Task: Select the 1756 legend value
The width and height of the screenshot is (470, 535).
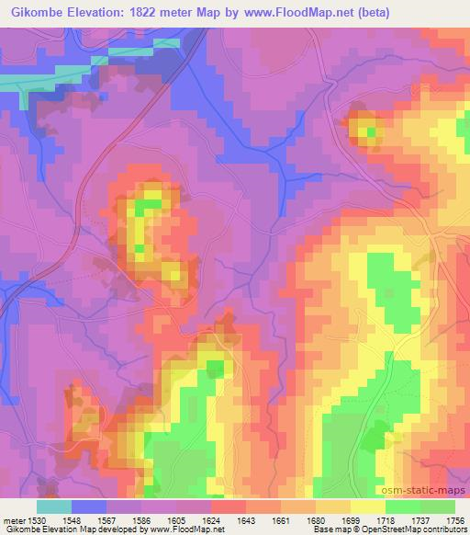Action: [x=453, y=520]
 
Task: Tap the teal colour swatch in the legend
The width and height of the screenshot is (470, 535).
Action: [x=54, y=507]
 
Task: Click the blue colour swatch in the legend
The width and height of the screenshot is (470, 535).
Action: [x=89, y=507]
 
